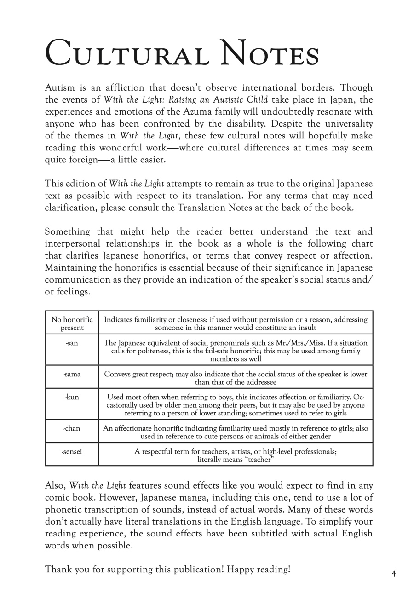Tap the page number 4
coord(394,573)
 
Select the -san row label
coord(72,343)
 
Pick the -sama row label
coord(72,374)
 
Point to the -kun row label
coord(72,397)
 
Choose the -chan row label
coord(72,428)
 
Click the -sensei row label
coord(72,451)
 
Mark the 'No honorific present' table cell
coord(72,323)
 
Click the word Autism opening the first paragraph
coord(59,87)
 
